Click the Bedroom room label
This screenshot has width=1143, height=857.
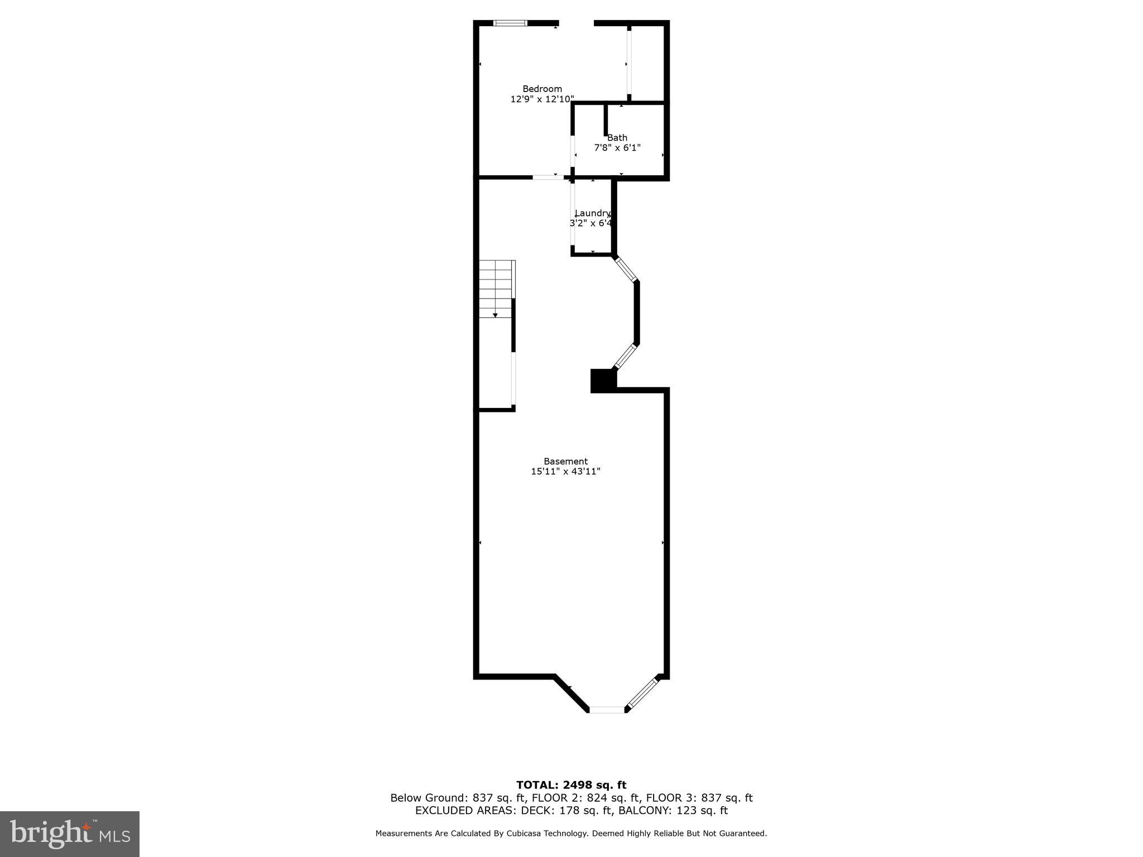(542, 89)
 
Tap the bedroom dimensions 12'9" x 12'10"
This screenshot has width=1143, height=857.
(542, 99)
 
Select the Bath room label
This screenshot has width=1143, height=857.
(617, 138)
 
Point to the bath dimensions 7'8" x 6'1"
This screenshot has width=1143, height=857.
(617, 148)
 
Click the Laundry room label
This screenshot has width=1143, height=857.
(593, 213)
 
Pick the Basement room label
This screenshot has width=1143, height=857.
(565, 461)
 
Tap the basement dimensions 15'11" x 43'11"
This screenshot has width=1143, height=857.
(565, 471)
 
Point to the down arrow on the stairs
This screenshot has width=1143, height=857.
(495, 315)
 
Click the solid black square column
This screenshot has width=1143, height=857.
(603, 381)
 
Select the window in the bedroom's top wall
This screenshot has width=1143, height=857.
(510, 23)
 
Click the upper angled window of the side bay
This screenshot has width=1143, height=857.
(626, 269)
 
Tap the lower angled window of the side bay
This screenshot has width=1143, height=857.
(625, 357)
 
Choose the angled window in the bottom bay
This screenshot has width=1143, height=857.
(642, 693)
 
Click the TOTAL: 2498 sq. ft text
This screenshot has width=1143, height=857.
(571, 785)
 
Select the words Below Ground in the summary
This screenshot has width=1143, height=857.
(427, 798)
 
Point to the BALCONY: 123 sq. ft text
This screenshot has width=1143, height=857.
(673, 811)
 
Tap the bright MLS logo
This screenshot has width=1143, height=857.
(70, 834)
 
